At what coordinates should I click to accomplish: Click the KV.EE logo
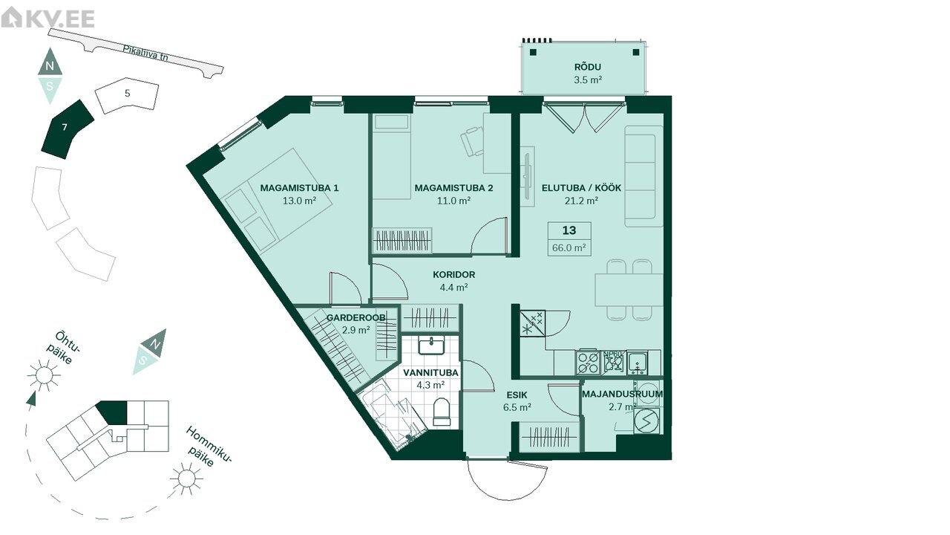tap(47, 19)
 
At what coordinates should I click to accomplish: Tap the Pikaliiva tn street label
tap(145, 53)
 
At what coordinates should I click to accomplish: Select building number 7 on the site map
tap(67, 129)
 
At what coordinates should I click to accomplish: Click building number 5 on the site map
tap(127, 95)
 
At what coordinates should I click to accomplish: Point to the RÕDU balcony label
tap(587, 67)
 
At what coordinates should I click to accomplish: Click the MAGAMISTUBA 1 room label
tap(299, 188)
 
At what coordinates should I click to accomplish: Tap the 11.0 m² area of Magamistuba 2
tap(453, 201)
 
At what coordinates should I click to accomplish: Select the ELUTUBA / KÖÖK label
tap(581, 188)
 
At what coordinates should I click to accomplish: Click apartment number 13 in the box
tap(569, 230)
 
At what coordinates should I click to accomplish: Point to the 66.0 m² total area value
tap(569, 247)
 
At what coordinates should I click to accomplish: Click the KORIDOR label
tap(453, 275)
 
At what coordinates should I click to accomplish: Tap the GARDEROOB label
tap(356, 317)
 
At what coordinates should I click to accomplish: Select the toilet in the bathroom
tap(442, 412)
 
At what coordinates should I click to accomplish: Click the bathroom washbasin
tap(431, 345)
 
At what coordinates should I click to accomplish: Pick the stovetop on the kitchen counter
tap(588, 362)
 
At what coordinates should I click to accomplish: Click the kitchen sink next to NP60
tap(638, 362)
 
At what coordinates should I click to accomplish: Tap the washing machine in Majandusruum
tap(646, 421)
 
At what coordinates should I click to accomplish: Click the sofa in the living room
tap(643, 176)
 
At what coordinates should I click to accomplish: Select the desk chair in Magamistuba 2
tap(472, 141)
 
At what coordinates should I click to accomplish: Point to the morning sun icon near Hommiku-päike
tap(186, 479)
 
